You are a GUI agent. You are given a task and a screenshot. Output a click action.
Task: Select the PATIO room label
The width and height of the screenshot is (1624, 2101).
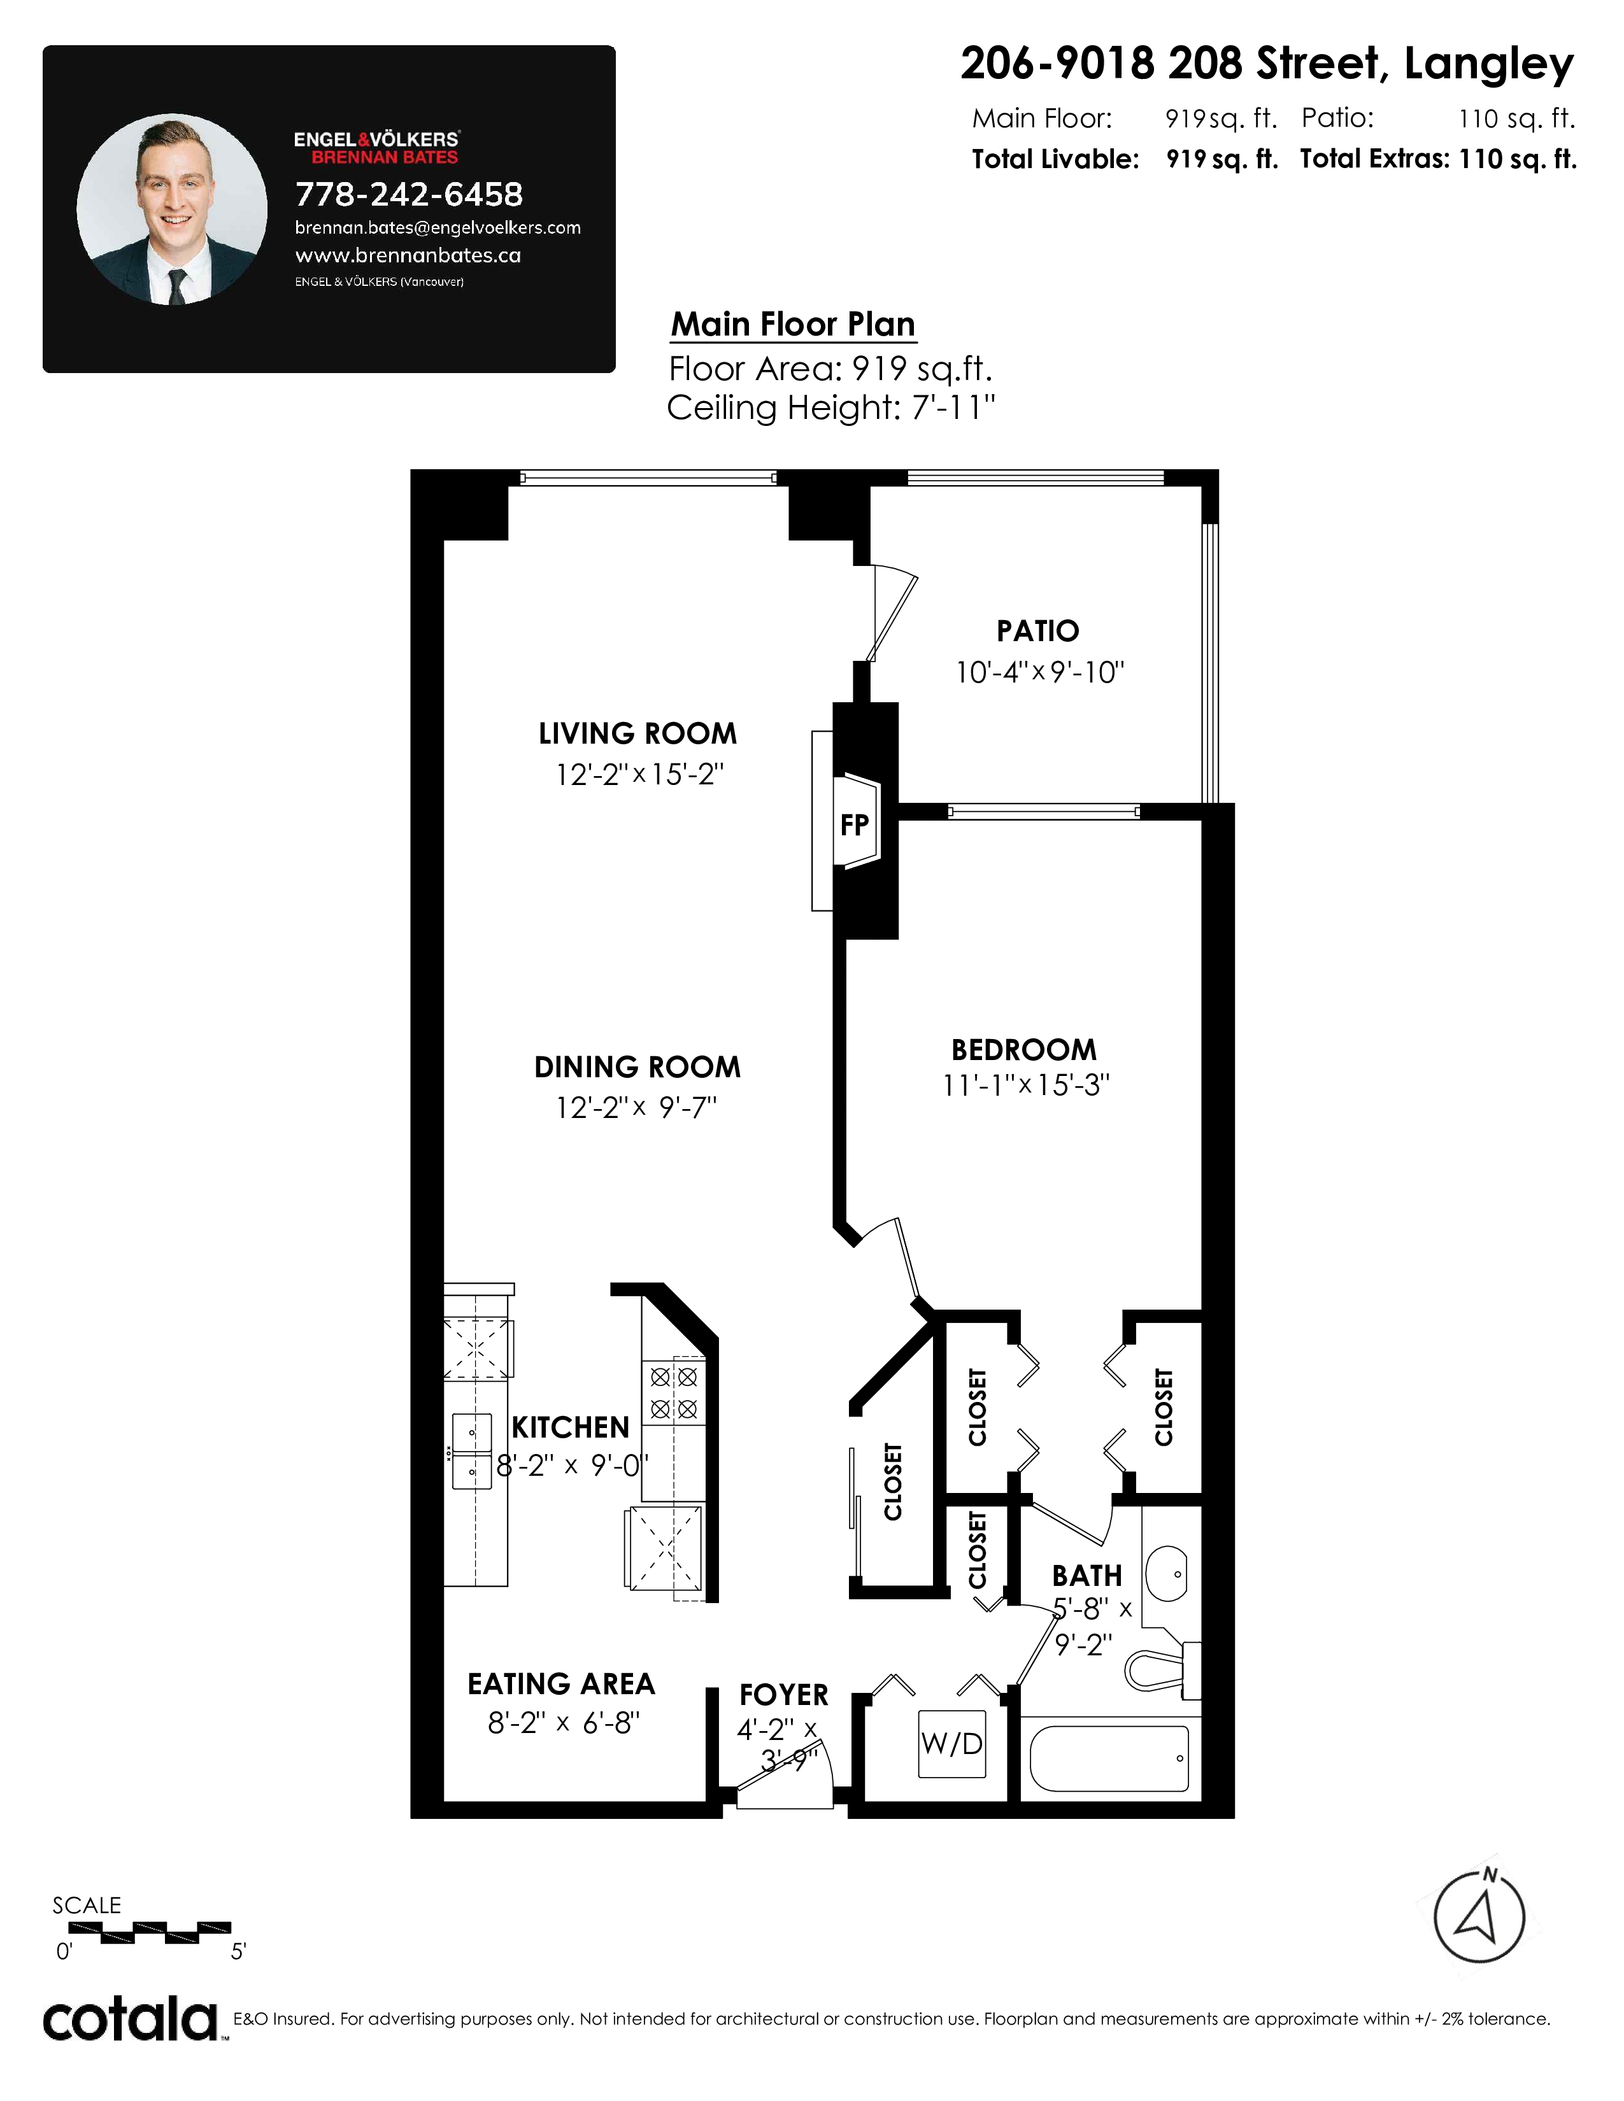coord(1038,631)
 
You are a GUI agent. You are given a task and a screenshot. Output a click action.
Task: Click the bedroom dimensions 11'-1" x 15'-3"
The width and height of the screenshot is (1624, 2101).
coord(1025,1085)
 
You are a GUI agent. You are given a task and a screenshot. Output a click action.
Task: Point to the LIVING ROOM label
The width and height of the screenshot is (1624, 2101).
coord(638,734)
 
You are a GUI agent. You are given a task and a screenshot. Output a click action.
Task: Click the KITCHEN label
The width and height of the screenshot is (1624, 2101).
coord(571,1427)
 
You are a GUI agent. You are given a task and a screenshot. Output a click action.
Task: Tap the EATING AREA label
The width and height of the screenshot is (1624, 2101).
coord(561,1683)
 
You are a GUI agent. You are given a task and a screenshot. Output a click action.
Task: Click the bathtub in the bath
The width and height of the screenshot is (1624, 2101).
coord(1109,1760)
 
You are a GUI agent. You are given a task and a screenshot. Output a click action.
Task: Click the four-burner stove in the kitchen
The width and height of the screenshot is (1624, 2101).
coord(673,1393)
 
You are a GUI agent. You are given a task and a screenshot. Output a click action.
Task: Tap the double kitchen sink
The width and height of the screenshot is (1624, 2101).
coord(473,1451)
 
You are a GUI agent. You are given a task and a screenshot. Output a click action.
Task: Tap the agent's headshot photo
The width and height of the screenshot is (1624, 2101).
coord(172,209)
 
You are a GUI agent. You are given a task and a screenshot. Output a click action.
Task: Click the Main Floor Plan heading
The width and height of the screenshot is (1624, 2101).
coord(793,324)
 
